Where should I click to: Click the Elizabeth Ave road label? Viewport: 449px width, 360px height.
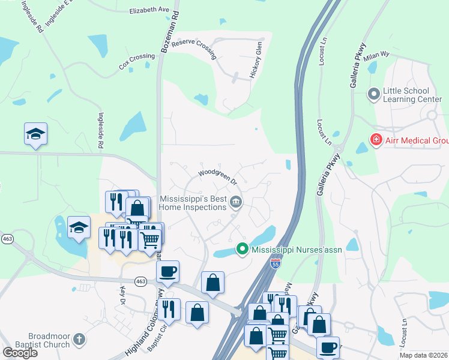[149, 10]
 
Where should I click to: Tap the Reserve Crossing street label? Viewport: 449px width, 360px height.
[193, 47]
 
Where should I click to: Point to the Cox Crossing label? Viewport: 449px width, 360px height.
[137, 61]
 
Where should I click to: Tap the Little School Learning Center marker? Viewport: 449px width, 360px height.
[374, 94]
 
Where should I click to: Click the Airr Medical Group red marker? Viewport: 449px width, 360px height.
[376, 141]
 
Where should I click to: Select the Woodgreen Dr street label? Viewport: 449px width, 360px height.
[218, 176]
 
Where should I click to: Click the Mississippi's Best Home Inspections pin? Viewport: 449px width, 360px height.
[237, 202]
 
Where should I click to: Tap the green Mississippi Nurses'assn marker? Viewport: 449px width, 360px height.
[243, 248]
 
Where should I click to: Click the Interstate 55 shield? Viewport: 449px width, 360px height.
[274, 264]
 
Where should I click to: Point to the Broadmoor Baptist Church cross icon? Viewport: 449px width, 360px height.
[78, 341]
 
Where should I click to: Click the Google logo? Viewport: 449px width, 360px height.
[20, 353]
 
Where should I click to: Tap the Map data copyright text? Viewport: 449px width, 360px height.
[423, 355]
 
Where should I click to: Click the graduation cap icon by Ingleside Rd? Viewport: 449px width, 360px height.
[35, 134]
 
